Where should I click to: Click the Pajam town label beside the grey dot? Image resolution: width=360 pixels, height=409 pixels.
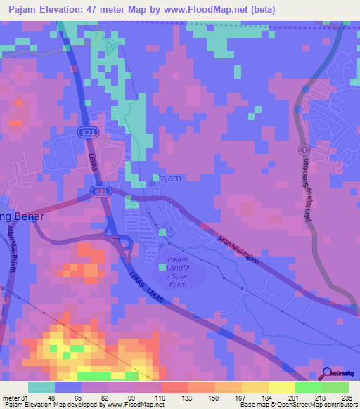point(169,178)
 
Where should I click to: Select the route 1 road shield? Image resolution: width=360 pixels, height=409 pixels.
point(303,150)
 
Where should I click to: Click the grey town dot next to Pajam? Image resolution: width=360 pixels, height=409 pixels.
point(153,184)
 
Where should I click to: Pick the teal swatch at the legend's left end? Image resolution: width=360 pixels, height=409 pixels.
point(41,387)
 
